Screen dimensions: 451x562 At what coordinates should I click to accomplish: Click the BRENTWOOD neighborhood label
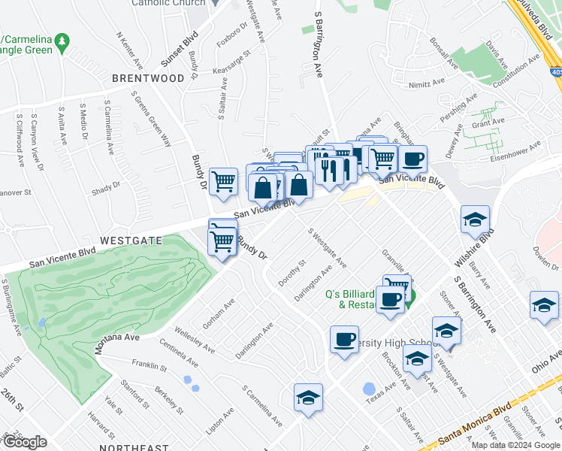coord(147,78)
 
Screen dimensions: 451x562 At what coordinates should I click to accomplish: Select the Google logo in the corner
coord(25,442)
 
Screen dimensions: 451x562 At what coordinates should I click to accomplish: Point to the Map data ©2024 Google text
coord(515,445)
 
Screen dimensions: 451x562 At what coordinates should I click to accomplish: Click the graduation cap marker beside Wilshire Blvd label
coord(475,219)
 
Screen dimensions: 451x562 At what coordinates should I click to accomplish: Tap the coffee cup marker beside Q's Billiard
coord(389,300)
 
